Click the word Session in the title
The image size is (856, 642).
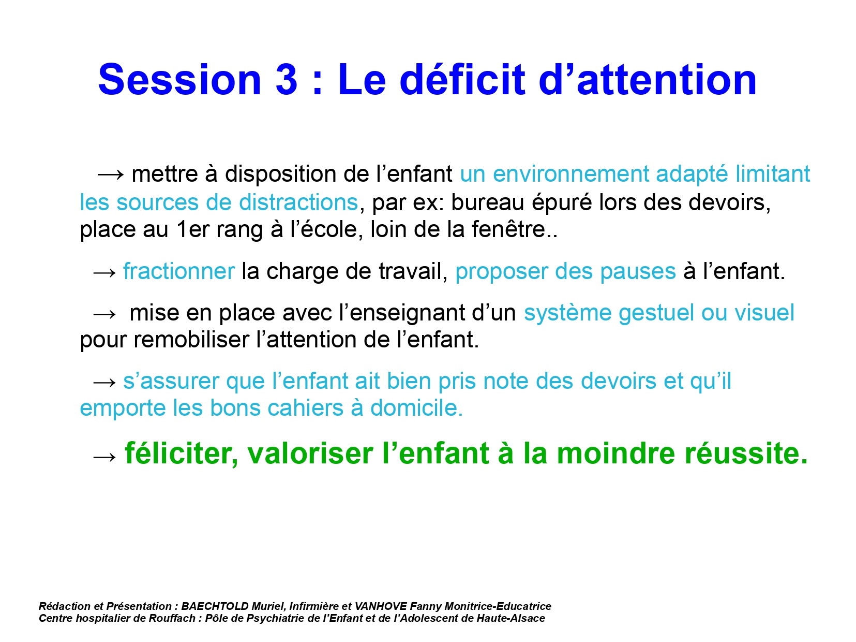(x=179, y=80)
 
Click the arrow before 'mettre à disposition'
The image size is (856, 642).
(x=110, y=174)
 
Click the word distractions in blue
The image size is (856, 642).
(x=298, y=202)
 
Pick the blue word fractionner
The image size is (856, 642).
(x=179, y=271)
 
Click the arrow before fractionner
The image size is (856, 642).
(x=104, y=272)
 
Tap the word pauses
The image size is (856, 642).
(x=638, y=272)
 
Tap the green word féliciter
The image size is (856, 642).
(x=182, y=454)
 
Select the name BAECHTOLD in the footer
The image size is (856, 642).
(x=215, y=606)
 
